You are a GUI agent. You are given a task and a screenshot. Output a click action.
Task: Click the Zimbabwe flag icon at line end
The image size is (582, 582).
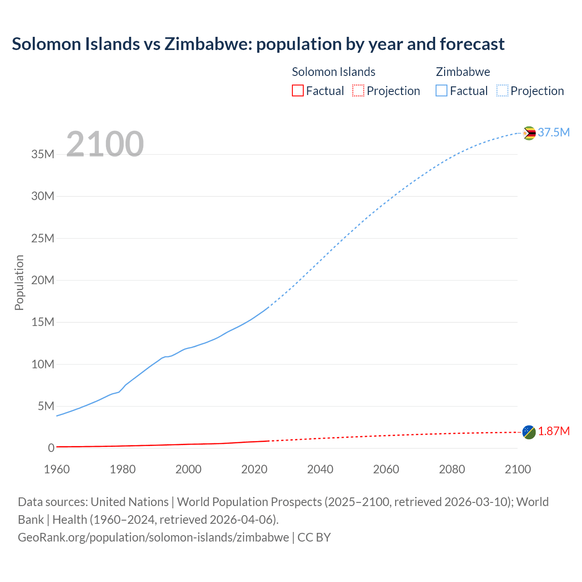coord(529,133)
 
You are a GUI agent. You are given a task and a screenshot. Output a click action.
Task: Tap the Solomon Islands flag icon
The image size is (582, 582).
coord(529,432)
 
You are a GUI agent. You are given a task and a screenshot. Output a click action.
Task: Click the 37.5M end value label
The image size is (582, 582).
coord(553,132)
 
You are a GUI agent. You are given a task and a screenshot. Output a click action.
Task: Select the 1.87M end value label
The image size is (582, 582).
coord(553,431)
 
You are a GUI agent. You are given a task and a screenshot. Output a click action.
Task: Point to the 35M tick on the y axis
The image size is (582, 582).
coord(43,154)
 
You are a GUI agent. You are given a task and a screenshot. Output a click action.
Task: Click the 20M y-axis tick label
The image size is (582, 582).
coord(43,280)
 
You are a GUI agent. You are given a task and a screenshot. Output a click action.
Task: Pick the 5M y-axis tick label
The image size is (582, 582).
coord(46,406)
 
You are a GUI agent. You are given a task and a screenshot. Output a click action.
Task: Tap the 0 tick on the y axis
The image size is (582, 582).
coord(51,448)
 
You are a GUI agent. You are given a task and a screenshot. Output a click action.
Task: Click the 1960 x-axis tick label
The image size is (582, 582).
coord(57,469)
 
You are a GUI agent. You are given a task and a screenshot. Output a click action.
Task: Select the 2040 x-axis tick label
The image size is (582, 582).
coord(320,469)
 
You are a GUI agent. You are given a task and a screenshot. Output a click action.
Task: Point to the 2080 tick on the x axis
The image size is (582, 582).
coord(452,469)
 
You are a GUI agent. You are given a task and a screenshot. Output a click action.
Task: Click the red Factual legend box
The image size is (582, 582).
coord(297,90)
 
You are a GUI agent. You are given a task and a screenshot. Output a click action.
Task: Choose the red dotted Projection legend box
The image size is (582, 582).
coord(358,90)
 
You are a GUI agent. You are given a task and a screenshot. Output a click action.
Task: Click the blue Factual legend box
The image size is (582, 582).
coord(442,90)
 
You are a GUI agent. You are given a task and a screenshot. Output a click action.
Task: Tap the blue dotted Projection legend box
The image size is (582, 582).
coord(502,90)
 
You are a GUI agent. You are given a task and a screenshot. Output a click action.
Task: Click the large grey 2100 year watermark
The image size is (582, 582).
coord(105,144)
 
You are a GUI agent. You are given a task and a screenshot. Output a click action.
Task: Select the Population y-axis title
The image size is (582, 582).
coord(19,282)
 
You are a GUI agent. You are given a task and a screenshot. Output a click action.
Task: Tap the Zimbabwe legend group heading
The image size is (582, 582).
coord(463,72)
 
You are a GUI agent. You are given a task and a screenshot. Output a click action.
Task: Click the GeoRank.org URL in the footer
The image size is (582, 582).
coord(153,537)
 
